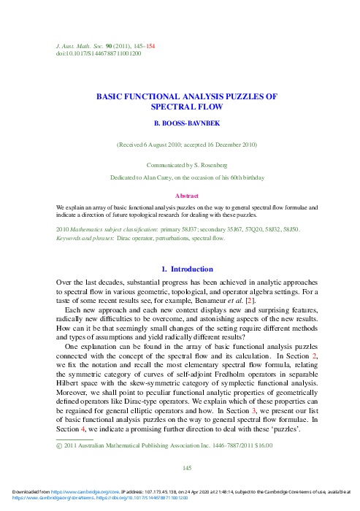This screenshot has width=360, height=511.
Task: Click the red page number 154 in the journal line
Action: click(x=150, y=46)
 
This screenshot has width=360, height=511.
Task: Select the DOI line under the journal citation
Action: click(x=99, y=53)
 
